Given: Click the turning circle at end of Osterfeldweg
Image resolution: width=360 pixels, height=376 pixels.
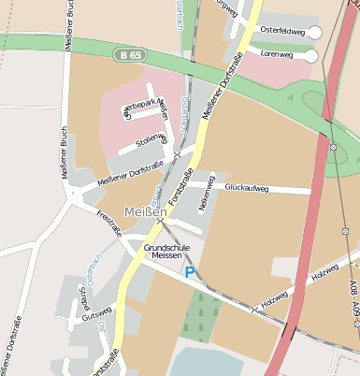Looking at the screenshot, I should coord(314,32).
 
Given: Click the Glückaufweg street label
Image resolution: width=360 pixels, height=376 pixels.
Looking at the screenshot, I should coord(247,188).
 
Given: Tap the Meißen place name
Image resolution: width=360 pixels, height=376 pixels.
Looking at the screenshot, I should coord(145,212).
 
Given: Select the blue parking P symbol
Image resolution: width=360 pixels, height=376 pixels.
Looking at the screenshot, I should coord(190,272).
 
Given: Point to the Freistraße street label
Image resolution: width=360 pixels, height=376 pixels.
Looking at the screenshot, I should coord(109,225).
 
